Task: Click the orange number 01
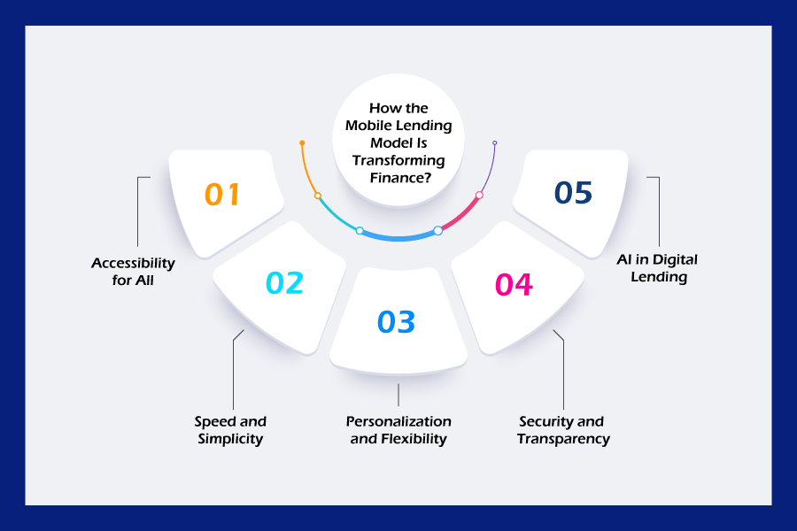[222, 194]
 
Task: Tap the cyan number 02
[284, 283]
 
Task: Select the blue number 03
[397, 321]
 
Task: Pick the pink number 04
[514, 285]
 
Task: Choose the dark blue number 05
[573, 193]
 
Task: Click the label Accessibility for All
[133, 272]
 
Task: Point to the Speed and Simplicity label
[230, 430]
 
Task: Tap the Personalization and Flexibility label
[398, 430]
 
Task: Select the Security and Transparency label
[563, 430]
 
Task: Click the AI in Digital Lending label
[658, 268]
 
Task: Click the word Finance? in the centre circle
[400, 178]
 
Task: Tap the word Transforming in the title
[398, 160]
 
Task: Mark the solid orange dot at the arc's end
[302, 142]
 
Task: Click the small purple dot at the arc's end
[494, 143]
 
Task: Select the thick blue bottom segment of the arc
[398, 237]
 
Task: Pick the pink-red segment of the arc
[460, 215]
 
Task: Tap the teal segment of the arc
[336, 215]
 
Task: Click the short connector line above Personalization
[398, 395]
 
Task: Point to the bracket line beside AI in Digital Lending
[659, 212]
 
